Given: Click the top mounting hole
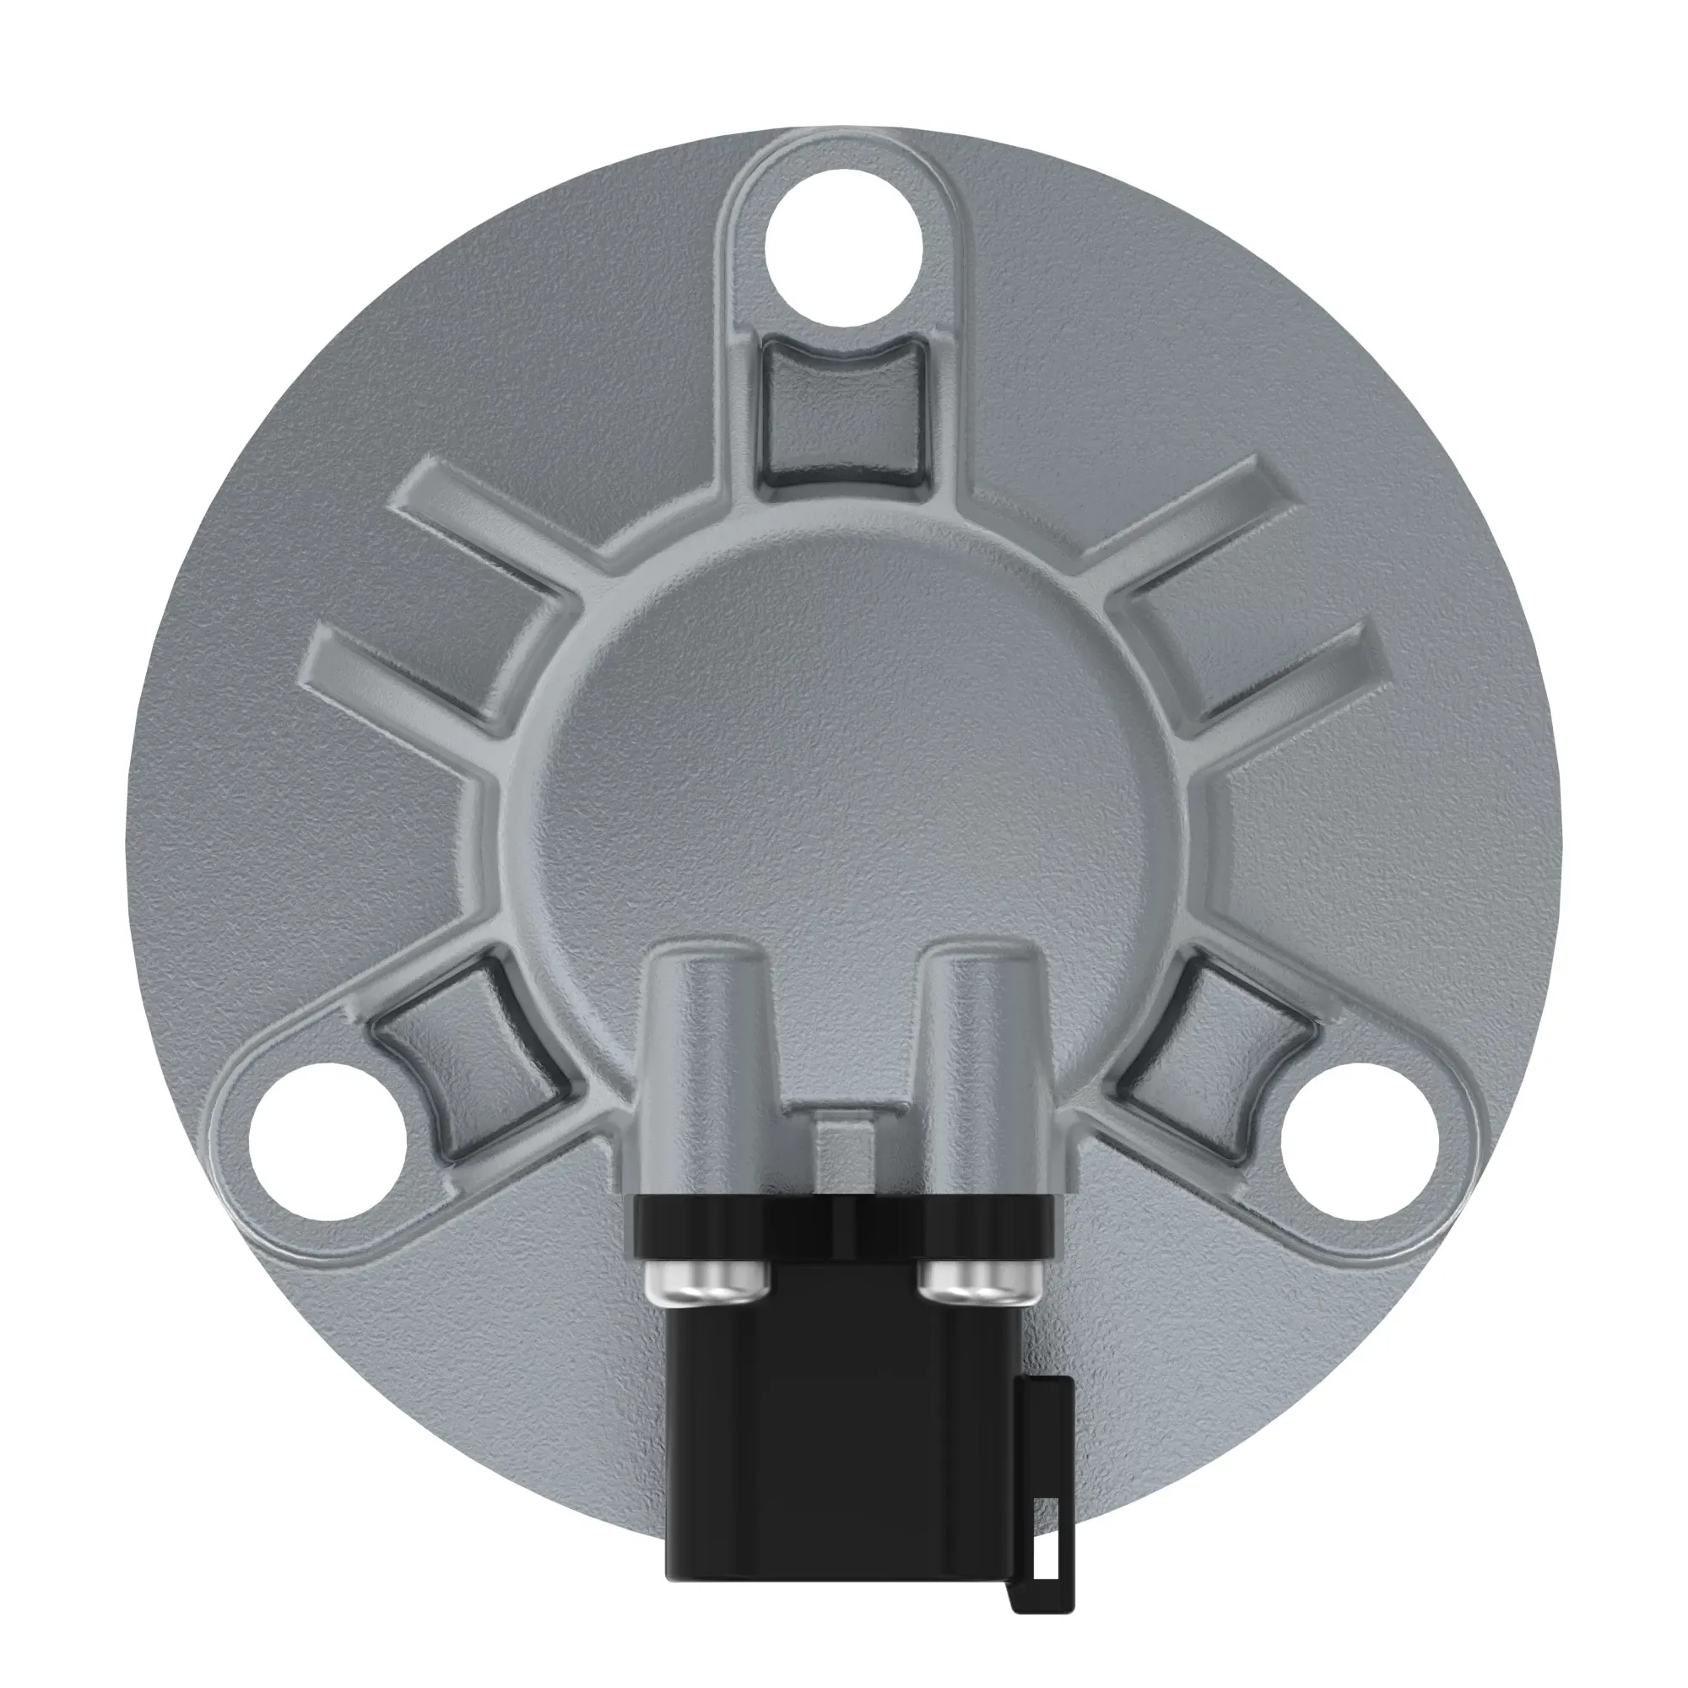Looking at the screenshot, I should (x=843, y=248).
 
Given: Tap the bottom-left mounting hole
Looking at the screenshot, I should (x=327, y=1141).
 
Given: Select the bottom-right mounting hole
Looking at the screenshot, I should (x=1360, y=1141).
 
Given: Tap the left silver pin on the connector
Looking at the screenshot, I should (x=706, y=1277).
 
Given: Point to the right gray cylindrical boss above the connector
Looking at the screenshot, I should (x=984, y=1048).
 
